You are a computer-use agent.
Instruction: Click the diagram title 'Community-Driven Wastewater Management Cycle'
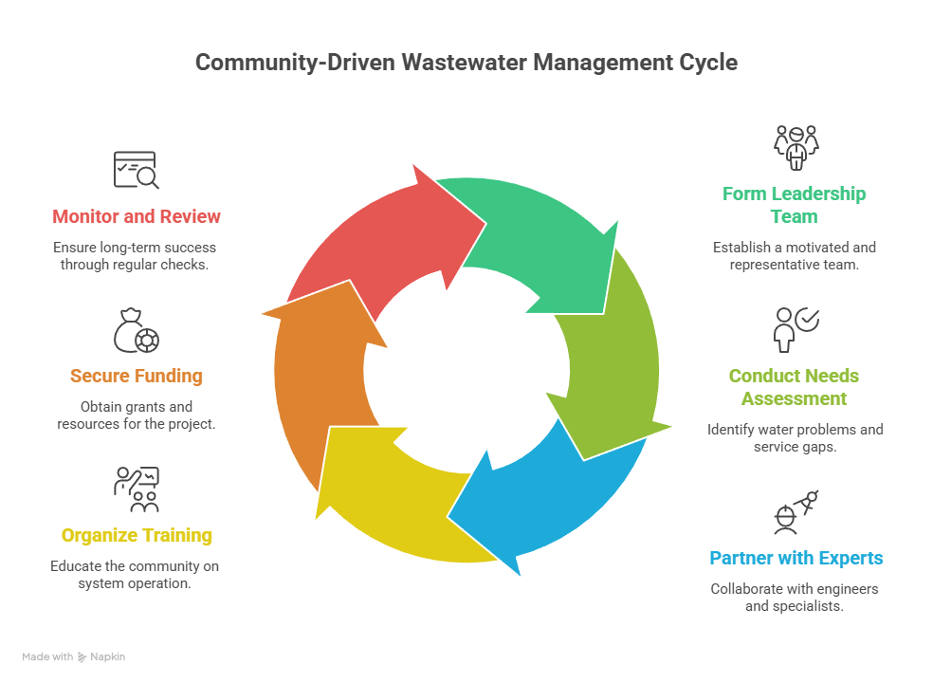coord(466,64)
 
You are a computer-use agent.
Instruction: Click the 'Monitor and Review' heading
coord(137,216)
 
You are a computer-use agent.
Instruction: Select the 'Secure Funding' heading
coord(137,376)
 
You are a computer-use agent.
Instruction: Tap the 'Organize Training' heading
coord(137,535)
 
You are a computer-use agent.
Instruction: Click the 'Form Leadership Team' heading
coord(795,205)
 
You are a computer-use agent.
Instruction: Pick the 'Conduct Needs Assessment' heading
coord(795,387)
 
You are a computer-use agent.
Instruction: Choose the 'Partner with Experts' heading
coord(796,558)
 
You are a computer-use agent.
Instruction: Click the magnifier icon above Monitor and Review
coord(137,170)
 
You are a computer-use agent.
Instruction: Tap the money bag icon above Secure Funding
coord(137,329)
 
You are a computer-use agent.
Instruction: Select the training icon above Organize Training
coord(137,489)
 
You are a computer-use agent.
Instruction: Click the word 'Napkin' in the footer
coord(108,656)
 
